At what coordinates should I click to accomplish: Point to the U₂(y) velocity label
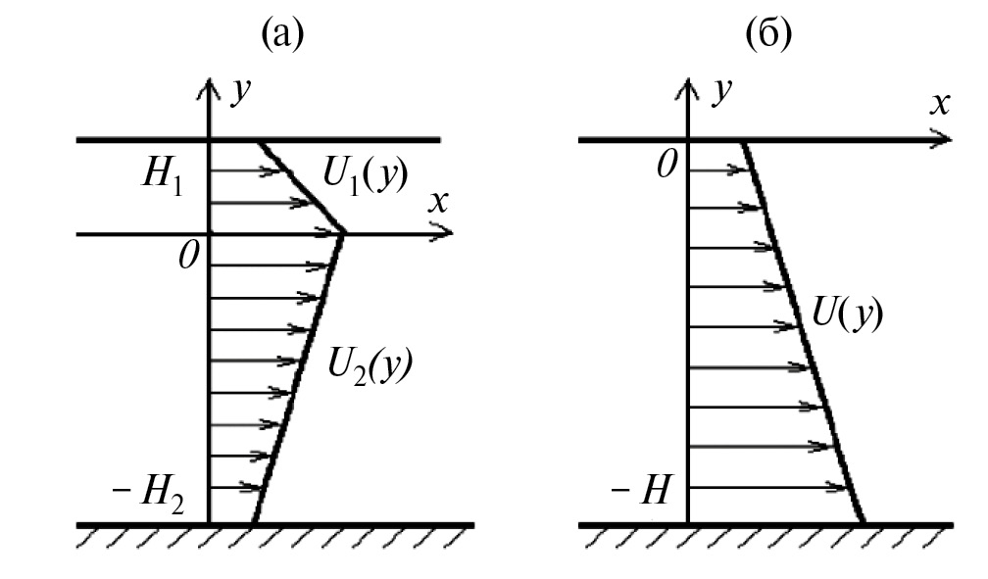[370, 365]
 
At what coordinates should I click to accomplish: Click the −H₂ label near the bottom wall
[149, 494]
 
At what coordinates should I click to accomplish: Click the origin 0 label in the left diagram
[188, 255]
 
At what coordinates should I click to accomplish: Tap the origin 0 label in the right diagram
[667, 165]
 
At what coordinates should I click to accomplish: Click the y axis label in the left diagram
[240, 92]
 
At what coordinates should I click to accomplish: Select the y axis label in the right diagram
[721, 92]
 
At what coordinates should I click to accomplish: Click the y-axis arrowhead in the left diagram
[209, 88]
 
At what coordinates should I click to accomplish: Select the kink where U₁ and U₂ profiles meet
[344, 234]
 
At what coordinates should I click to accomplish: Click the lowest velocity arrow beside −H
[766, 487]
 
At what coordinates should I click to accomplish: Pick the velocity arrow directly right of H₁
[244, 170]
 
